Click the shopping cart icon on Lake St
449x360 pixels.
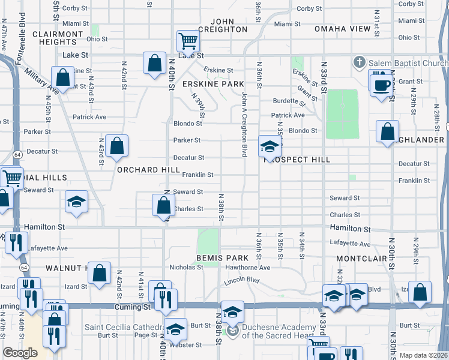coord(188,42)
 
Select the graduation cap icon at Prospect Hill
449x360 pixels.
coord(270,146)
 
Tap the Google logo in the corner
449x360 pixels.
coord(20,353)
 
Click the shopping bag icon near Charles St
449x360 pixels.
coord(164,206)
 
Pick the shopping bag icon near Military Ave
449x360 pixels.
coord(62,77)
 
